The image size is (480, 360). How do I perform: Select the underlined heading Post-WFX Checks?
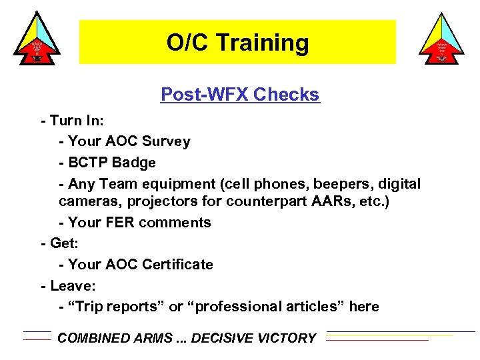(240, 95)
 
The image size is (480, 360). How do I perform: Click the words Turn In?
(76, 121)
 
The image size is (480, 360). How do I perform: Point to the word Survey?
(167, 141)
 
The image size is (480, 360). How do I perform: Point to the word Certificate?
(177, 264)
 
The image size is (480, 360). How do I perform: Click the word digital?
(397, 183)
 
